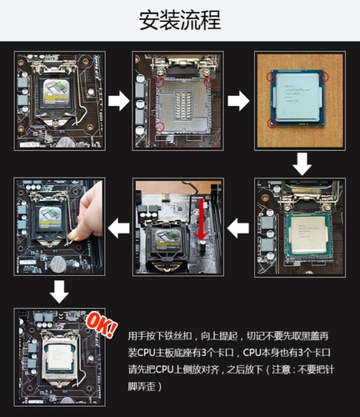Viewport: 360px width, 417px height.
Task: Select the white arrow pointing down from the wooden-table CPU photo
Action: (301, 164)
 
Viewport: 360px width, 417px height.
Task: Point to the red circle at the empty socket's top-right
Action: (208, 83)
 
